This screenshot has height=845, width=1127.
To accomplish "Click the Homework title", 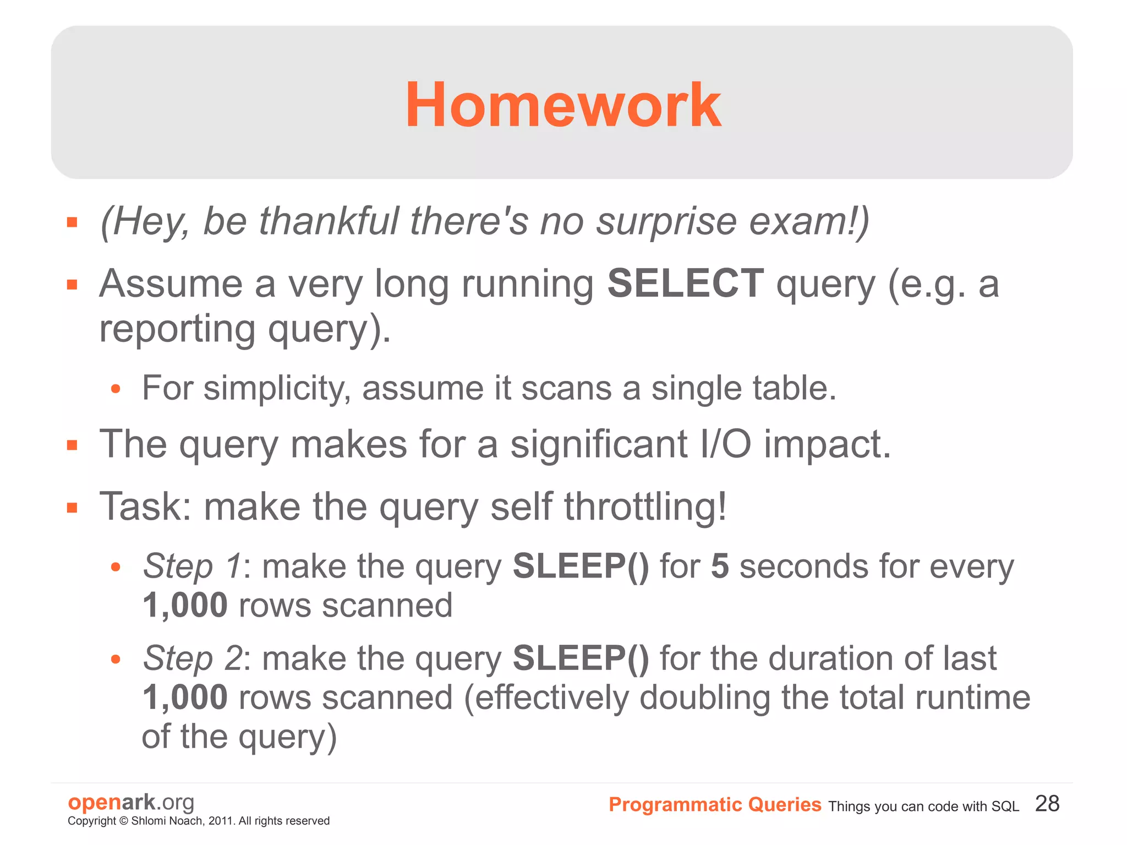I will point(562,105).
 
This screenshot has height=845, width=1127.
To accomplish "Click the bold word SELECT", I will point(685,284).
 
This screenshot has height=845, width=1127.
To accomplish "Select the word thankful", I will point(328,221).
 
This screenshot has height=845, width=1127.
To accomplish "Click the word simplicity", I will point(277,389).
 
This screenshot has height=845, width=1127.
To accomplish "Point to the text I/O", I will point(725,444).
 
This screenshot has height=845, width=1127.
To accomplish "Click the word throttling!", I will point(645,506).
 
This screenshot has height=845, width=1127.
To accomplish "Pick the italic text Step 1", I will point(192,566).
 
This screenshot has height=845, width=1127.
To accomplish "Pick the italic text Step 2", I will point(192,658).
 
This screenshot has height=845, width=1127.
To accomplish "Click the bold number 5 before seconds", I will point(720,566).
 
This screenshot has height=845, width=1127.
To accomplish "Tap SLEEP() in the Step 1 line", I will point(581,566).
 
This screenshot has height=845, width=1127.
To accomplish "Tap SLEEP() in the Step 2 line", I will point(581,658).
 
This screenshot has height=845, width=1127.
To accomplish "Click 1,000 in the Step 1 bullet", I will point(185,606).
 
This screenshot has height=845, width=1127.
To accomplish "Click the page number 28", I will point(1047,804).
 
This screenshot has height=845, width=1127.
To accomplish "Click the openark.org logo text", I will point(131,802).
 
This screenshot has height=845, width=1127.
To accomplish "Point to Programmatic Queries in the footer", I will point(714,805).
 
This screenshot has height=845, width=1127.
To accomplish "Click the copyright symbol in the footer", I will point(123,821).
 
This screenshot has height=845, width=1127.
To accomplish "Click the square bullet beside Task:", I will point(72,508).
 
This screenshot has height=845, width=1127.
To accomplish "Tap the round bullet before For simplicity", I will point(115,389).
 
